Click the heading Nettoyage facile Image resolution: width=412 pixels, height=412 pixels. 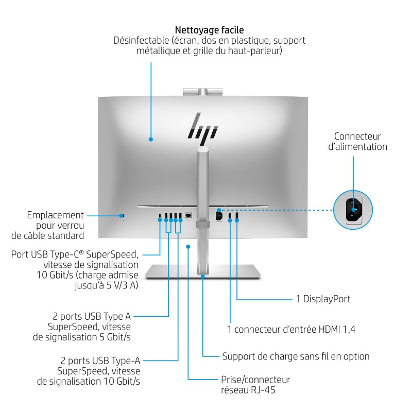click(x=209, y=30)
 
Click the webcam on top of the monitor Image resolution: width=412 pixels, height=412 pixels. click(x=202, y=92)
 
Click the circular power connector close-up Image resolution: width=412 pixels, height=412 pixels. click(x=353, y=208)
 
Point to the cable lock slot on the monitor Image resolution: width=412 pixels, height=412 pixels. click(x=123, y=215)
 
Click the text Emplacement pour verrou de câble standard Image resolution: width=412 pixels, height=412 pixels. click(x=47, y=226)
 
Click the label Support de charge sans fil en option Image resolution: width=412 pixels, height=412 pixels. click(x=296, y=356)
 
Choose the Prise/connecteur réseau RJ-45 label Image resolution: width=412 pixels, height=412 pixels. click(x=255, y=385)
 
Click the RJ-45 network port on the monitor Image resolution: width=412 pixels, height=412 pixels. click(x=188, y=216)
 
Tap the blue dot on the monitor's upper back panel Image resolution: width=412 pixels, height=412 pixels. click(x=151, y=139)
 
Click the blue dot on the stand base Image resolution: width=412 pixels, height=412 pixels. click(x=203, y=277)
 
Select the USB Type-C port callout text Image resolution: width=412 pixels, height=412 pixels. click(x=75, y=271)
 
